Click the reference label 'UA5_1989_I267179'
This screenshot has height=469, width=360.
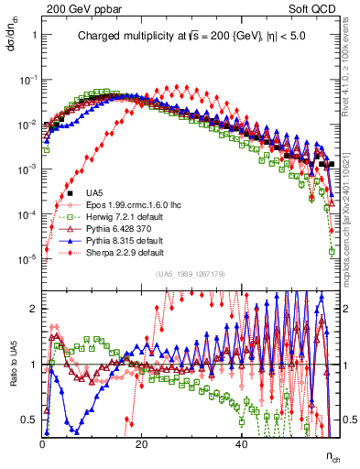[191, 274]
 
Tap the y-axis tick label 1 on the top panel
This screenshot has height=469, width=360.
[34, 35]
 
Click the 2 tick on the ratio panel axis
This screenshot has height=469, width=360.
[34, 309]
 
